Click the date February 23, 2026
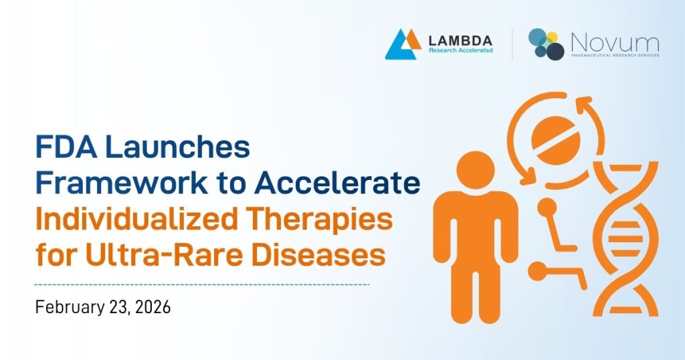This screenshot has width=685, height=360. tap(104, 308)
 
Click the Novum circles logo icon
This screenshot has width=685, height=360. tap(546, 44)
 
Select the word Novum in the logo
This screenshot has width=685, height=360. tap(614, 41)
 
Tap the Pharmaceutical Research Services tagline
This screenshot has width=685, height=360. tap(614, 56)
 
